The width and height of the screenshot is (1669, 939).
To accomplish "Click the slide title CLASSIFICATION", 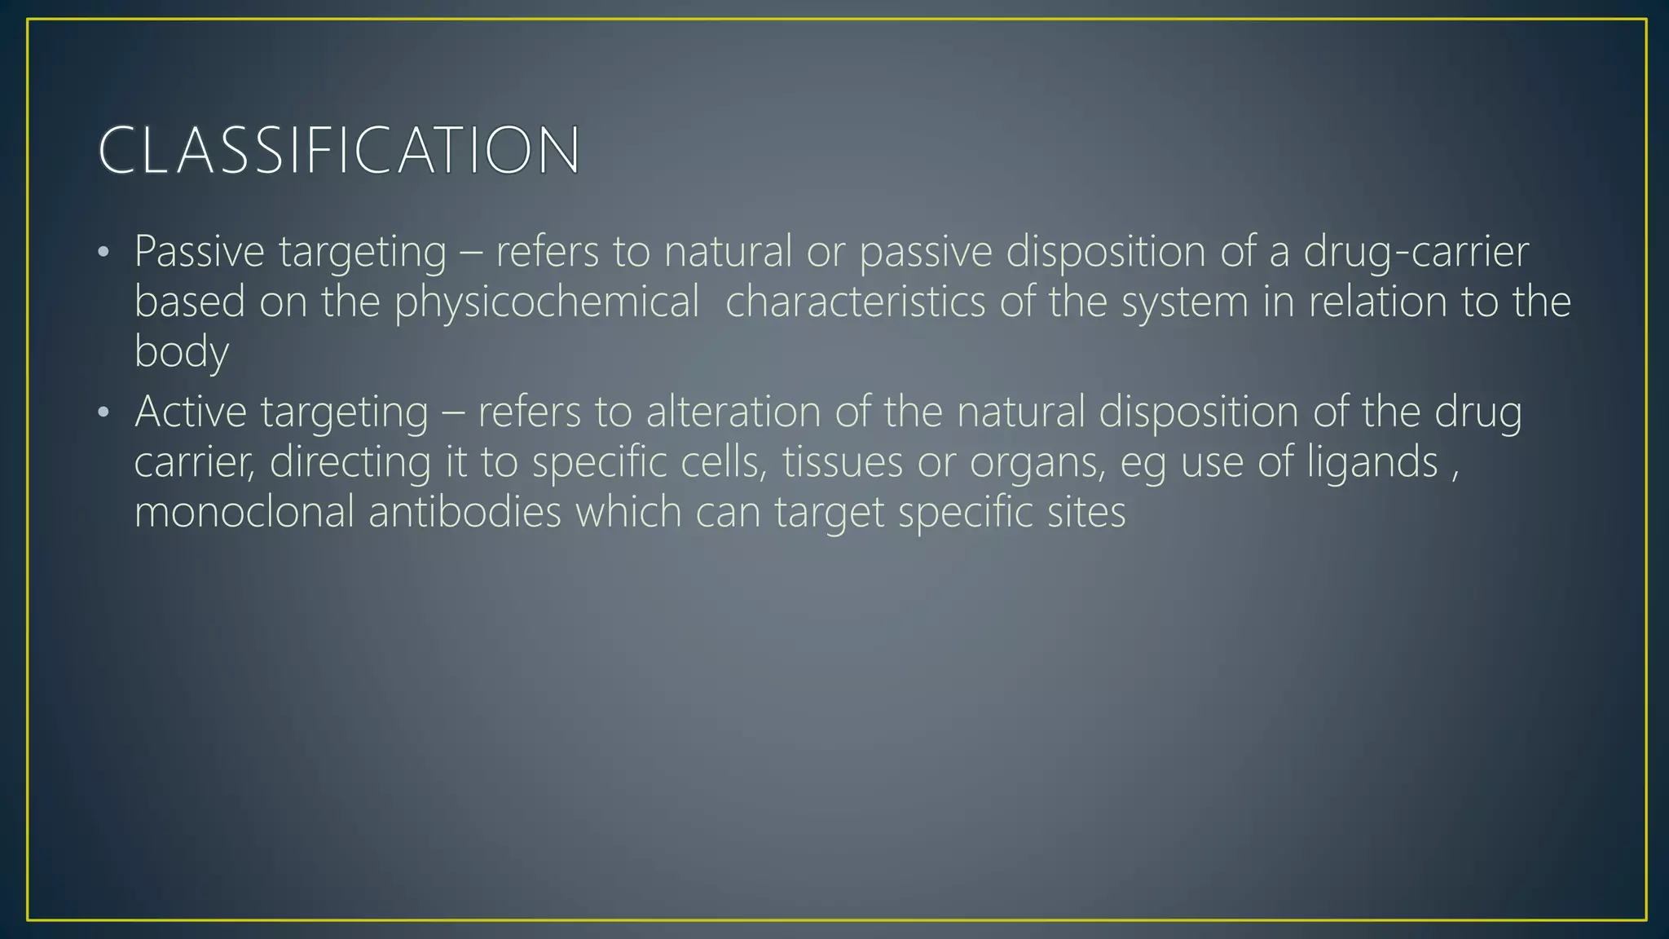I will point(338,150).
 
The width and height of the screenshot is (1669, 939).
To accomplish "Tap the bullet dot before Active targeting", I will point(103,412).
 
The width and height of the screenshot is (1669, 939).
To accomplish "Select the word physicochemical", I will point(547,302).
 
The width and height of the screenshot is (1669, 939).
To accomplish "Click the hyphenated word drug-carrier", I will point(1416,251).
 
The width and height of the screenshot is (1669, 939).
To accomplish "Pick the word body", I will point(181,352).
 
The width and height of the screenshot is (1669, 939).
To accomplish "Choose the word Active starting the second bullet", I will point(190,412).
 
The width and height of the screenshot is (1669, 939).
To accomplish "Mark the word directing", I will point(350,462).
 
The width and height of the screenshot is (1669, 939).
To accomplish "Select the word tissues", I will point(843,462).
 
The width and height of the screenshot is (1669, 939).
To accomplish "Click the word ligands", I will point(1372,462).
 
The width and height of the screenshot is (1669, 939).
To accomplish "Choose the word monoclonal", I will point(244,512).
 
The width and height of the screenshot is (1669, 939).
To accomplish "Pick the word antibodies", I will point(465,512).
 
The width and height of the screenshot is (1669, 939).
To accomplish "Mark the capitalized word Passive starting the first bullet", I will point(199,251).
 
